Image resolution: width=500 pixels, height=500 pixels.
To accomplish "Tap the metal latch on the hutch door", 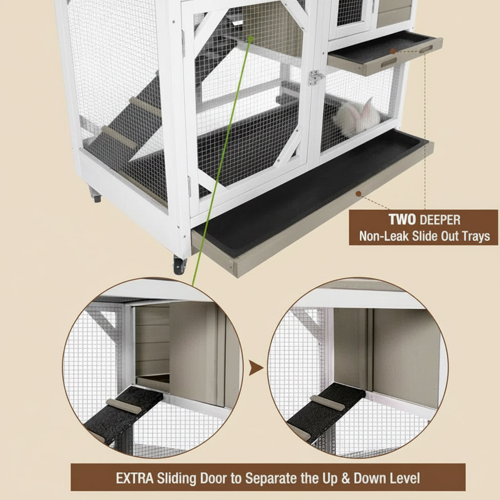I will coord(315,77).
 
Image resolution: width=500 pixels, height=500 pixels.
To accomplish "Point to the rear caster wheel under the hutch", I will coord(95,197).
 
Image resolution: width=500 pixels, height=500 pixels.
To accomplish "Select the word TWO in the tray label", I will coord(402,220).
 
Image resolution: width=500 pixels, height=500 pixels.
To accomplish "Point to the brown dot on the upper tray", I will coord(393,51).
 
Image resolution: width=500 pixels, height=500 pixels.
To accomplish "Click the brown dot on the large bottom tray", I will coord(358,194).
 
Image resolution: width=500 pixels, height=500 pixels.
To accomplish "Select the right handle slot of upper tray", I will coord(426,49).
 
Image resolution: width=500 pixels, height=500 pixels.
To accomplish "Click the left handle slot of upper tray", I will coord(389,62).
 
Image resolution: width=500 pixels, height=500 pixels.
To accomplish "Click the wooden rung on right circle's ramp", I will coord(327,403).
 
